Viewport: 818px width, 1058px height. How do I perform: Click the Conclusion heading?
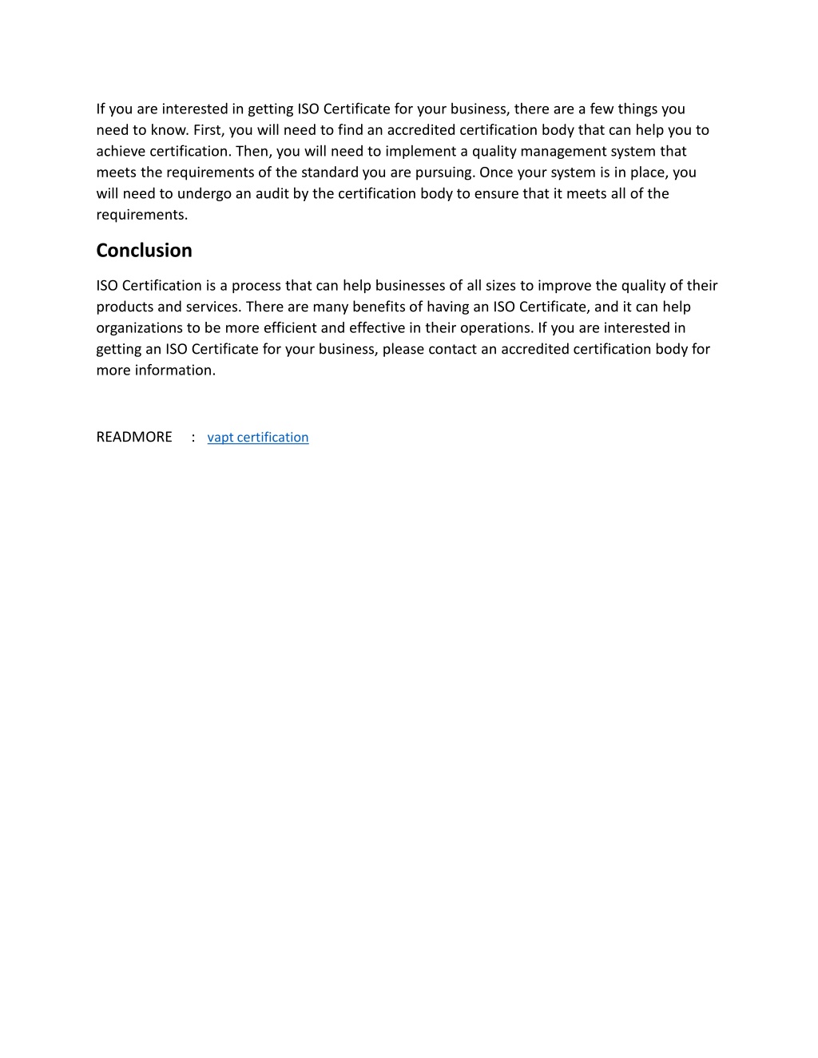[x=144, y=251]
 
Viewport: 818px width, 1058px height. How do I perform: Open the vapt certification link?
[x=257, y=438]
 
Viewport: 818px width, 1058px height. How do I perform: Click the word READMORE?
[x=134, y=437]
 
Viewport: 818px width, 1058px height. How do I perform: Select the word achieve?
[x=121, y=152]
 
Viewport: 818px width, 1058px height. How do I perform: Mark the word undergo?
[x=204, y=194]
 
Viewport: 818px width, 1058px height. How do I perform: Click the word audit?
[x=272, y=194]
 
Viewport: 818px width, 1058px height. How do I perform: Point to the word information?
[x=175, y=370]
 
